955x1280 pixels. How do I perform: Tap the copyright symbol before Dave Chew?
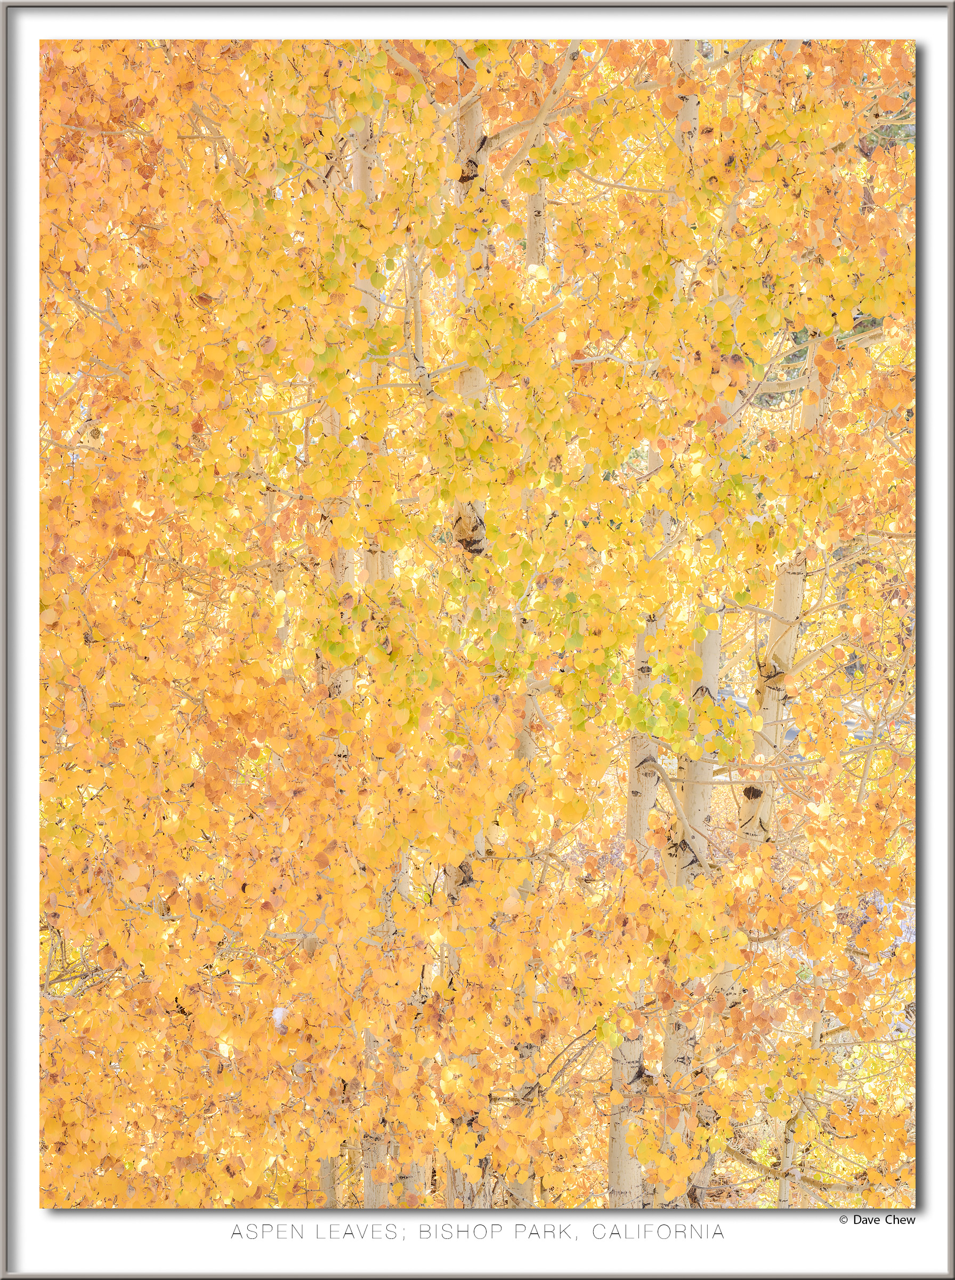844,1220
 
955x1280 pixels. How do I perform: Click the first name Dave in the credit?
866,1220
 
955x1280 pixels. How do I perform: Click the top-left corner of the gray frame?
2,2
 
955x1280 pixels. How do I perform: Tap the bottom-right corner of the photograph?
914,1207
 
